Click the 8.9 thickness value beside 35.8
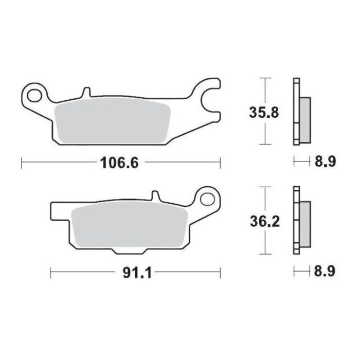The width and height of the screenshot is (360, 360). tap(325, 163)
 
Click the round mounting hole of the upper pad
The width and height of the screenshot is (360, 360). tap(37, 95)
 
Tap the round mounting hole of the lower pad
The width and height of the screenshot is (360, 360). tap(208, 199)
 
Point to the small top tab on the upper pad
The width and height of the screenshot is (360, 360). tap(86, 93)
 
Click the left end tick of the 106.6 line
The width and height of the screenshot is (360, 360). tap(21, 164)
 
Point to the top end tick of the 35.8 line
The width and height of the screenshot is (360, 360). tap(264, 78)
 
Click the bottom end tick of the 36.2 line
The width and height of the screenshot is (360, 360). tap(264, 255)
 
